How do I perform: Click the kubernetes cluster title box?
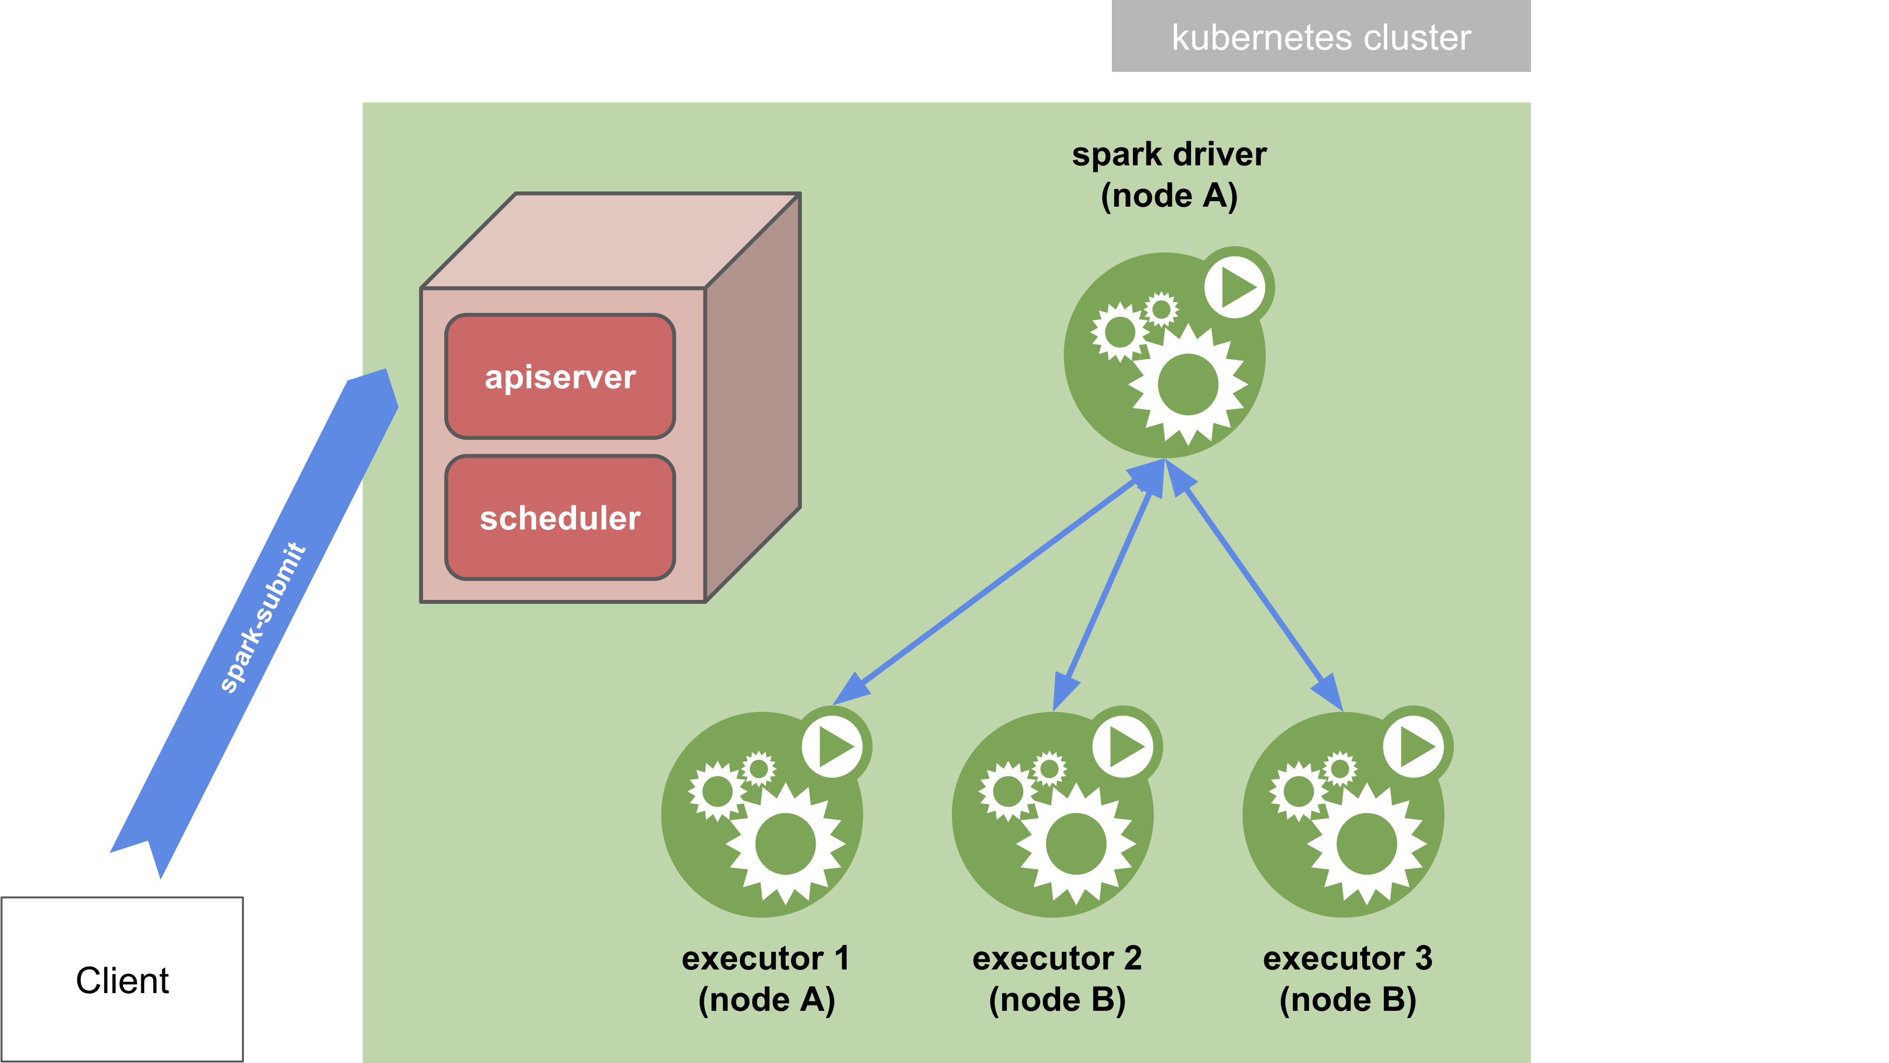point(1321,37)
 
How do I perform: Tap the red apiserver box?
point(559,376)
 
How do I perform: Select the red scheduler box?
point(559,518)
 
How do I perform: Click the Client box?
point(122,979)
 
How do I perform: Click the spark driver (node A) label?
point(1169,175)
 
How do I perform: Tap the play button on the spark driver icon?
point(1236,287)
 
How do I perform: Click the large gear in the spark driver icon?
point(1187,384)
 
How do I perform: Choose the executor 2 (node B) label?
point(1057,979)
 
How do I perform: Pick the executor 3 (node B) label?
point(1347,979)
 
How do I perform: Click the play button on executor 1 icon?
point(834,747)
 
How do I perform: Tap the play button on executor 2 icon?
point(1124,747)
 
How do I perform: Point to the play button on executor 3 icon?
point(1415,747)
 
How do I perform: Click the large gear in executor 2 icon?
point(1076,844)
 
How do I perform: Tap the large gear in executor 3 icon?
point(1366,844)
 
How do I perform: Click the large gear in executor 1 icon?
point(786,844)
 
